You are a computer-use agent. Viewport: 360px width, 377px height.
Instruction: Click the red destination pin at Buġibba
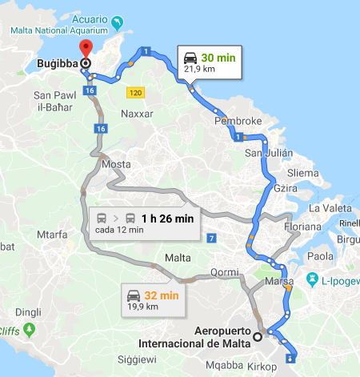point(86,48)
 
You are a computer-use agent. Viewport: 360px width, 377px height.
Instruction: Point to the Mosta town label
point(117,164)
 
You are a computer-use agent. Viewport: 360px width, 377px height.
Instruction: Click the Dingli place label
point(28,312)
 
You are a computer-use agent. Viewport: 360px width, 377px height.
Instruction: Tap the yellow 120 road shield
point(134,93)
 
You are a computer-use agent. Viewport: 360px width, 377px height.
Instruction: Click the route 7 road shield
point(210,239)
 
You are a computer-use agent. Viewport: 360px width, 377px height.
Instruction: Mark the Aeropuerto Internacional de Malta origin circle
point(258,337)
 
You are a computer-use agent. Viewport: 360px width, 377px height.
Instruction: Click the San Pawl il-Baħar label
point(54,101)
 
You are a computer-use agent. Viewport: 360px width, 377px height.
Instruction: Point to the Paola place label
point(321,256)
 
